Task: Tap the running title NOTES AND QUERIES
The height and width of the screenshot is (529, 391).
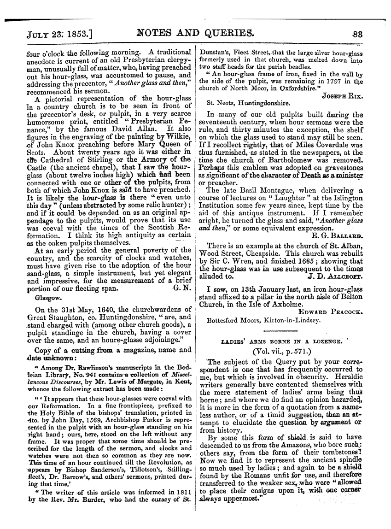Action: (x=196, y=33)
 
